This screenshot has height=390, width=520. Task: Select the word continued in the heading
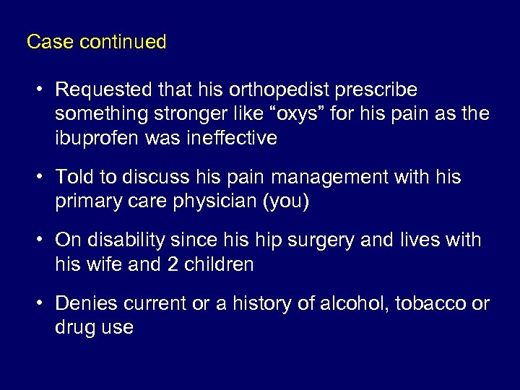pyautogui.click(x=123, y=42)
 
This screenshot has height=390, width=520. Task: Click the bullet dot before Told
pyautogui.click(x=43, y=178)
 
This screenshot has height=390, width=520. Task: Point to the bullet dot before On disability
pyautogui.click(x=43, y=240)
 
